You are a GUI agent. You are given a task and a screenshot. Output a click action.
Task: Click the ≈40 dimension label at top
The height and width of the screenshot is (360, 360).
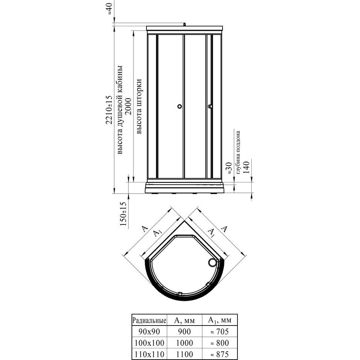coord(110,8)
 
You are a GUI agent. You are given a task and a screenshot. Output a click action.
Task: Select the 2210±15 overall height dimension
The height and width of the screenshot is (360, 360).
coord(109,110)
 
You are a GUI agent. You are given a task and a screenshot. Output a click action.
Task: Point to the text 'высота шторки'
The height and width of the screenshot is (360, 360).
coord(139,106)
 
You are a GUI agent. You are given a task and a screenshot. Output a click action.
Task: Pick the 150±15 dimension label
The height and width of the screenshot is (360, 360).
coord(124,214)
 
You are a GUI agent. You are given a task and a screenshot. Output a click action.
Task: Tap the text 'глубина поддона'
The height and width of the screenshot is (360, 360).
coord(238,152)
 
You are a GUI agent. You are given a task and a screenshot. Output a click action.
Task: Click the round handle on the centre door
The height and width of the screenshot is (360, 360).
coord(179,106)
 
